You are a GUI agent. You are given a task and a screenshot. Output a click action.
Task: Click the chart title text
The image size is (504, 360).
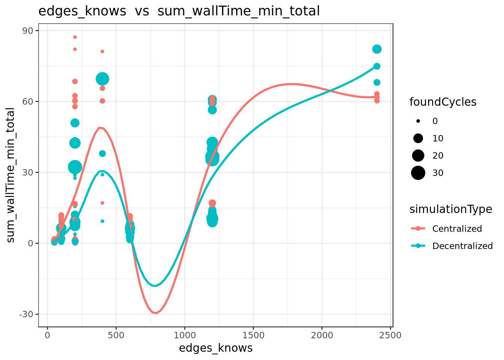pos(179,11)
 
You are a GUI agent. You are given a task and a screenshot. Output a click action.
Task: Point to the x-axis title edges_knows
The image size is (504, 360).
pos(216,348)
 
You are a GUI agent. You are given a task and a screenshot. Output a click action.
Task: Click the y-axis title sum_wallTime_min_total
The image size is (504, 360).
pos(10,175)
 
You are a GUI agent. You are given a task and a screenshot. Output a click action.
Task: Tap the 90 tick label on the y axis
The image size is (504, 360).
pos(28,31)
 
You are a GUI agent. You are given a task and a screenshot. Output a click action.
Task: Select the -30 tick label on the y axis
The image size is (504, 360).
pos(26,314)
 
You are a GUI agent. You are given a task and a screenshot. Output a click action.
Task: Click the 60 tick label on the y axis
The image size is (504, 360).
pos(28,102)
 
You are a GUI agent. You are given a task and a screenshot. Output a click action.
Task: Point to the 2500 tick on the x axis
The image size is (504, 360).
pos(390,336)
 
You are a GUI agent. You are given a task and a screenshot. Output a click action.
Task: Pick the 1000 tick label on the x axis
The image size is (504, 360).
pos(185,336)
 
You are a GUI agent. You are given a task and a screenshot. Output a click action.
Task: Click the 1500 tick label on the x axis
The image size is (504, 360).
pos(253,336)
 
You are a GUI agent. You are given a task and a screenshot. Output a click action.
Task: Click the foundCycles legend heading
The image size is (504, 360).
pos(443,102)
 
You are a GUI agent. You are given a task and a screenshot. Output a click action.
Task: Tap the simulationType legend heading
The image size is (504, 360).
pos(451,210)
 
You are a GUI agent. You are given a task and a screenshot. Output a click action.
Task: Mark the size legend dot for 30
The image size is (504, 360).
pos(418,173)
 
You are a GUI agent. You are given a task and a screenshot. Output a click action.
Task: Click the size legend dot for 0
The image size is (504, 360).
pos(418,121)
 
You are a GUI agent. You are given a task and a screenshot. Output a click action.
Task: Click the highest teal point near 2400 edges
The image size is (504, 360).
pos(377,49)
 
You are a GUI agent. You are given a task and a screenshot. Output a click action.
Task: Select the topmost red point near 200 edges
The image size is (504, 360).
pos(75,37)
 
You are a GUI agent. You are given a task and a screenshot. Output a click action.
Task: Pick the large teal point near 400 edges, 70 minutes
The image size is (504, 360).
pos(102,79)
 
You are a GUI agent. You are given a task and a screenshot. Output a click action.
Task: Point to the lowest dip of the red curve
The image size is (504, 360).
pos(156,313)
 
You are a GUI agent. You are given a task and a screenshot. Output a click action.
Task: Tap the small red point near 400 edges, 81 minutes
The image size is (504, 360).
pos(102,51)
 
